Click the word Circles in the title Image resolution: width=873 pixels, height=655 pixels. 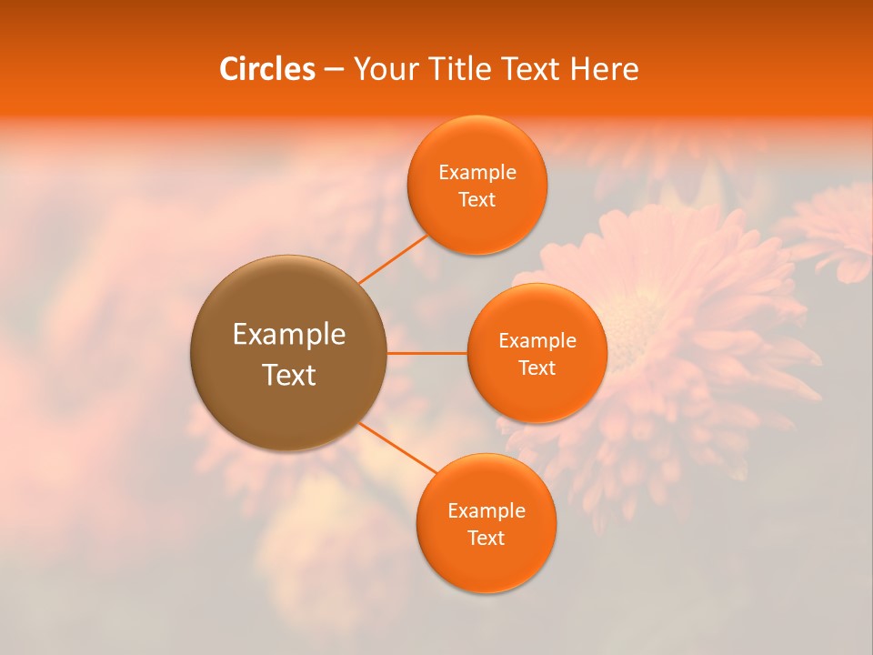[266, 69]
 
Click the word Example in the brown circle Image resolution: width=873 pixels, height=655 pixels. [289, 335]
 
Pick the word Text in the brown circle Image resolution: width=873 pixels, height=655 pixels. [289, 375]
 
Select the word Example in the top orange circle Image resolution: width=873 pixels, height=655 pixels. [477, 173]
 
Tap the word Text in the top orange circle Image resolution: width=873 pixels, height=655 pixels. [477, 199]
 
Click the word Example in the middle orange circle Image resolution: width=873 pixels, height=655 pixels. [537, 341]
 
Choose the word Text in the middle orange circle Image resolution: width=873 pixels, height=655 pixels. [537, 368]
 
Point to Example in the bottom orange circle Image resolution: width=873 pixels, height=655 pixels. [487, 511]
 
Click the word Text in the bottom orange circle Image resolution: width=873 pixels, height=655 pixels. [487, 538]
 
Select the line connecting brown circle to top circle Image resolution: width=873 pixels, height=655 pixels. [394, 258]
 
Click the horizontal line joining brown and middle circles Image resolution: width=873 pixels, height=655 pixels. [427, 353]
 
